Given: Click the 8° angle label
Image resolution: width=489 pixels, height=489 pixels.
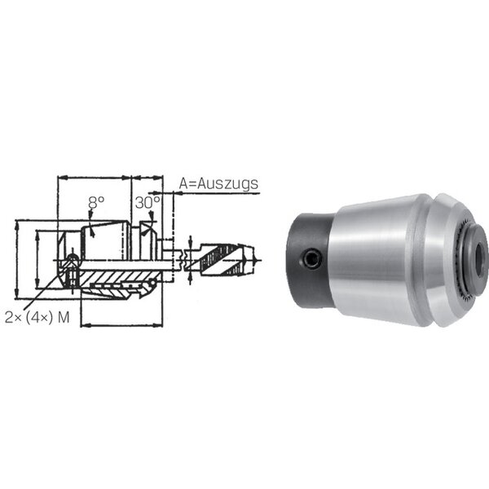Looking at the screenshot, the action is click(x=95, y=203).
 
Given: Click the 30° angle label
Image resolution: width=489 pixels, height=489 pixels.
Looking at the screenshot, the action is click(x=148, y=203).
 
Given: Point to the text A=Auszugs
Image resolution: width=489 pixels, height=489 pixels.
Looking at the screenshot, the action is click(x=218, y=184).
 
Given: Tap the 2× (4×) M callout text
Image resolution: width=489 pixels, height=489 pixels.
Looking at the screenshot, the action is click(x=37, y=318).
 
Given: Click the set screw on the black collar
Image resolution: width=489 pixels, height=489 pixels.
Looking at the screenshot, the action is click(x=312, y=258).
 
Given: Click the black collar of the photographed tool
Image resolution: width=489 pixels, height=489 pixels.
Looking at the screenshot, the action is click(x=311, y=261).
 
